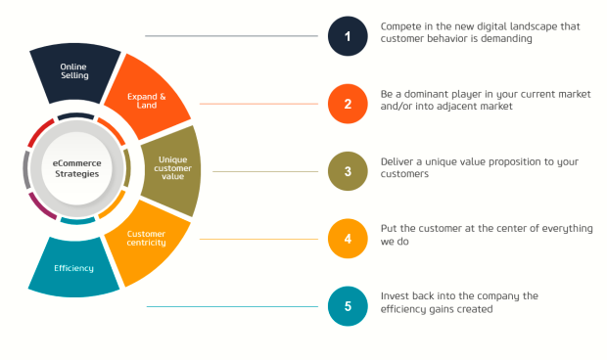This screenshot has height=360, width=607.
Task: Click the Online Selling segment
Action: point(73,69)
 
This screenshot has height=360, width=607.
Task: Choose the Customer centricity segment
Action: point(149,239)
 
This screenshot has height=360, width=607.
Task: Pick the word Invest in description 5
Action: point(396,294)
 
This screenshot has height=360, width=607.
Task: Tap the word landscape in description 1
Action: point(548,25)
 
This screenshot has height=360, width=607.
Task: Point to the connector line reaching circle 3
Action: point(264,171)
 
